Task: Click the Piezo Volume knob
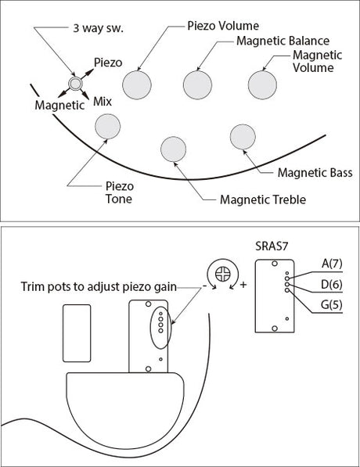tap(137, 85)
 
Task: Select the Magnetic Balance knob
tap(197, 85)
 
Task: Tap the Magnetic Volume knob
tap(262, 85)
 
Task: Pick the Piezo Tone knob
tap(107, 126)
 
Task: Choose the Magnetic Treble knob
tap(173, 149)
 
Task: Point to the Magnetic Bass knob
tap(243, 137)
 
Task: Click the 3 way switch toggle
tap(75, 84)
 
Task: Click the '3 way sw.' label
tap(99, 28)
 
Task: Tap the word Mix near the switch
tap(103, 102)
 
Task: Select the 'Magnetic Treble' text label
tap(263, 199)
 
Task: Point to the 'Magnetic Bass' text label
tap(315, 173)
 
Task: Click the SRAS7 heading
tap(272, 246)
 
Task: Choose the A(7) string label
tap(332, 264)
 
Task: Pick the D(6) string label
tap(332, 285)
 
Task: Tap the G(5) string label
tap(331, 304)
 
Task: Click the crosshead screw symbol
tap(222, 274)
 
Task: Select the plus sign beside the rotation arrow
tap(243, 285)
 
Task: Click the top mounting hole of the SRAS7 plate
tap(275, 264)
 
